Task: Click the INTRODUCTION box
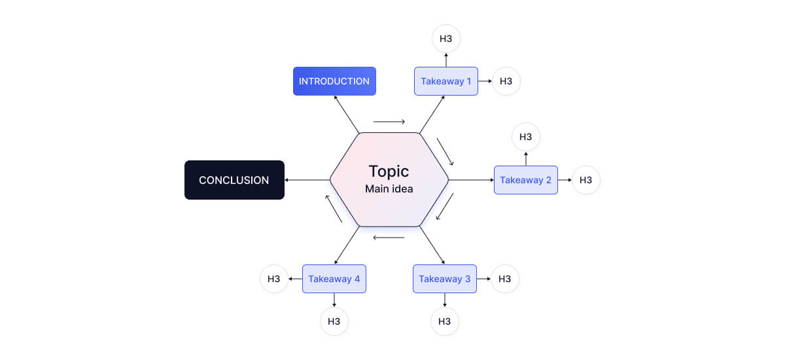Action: coord(334,81)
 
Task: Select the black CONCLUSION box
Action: coord(234,180)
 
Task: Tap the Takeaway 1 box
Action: coord(446,81)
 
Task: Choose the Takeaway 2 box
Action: coord(526,180)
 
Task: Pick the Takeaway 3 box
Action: coord(445,279)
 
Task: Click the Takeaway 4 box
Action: coord(334,279)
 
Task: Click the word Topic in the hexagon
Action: coord(389,171)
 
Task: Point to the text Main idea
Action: coord(389,189)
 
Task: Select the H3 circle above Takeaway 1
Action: coord(446,39)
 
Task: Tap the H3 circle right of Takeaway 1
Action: coord(506,81)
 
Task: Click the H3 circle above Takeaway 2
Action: coord(526,137)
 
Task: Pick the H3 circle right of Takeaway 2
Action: coord(586,180)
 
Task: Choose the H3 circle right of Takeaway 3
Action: coord(504,279)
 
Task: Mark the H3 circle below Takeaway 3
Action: coord(445,321)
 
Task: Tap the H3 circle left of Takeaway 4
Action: coord(274,279)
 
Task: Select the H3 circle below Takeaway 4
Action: coord(334,321)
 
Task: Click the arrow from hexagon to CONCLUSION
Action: coord(307,180)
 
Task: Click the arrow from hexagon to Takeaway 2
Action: coord(471,180)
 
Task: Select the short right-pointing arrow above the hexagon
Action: coord(389,122)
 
